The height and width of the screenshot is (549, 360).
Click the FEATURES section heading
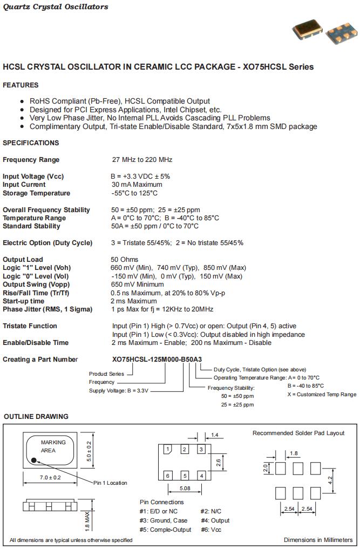pyautogui.click(x=21, y=85)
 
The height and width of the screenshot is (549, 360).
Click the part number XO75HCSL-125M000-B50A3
pyautogui.click(x=157, y=360)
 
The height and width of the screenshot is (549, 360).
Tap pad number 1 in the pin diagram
pyautogui.click(x=168, y=449)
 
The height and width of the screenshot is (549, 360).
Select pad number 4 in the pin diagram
pyautogui.click(x=201, y=476)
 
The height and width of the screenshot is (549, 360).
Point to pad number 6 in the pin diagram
pyautogui.click(x=168, y=476)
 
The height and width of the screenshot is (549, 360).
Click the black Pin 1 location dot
pyautogui.click(x=33, y=460)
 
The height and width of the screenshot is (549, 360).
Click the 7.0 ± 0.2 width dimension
pyautogui.click(x=50, y=478)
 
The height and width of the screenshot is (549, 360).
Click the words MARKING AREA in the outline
pyautogui.click(x=53, y=446)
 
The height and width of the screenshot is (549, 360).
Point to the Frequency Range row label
pyautogui.click(x=31, y=160)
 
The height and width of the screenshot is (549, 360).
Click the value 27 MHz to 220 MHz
pyautogui.click(x=141, y=160)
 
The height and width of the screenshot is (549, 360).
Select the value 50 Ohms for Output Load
pyautogui.click(x=125, y=260)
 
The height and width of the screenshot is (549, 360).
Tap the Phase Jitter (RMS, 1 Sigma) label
pyautogui.click(x=47, y=309)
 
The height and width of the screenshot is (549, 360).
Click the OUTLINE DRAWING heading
pyautogui.click(x=36, y=417)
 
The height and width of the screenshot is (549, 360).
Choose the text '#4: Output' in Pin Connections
pyautogui.click(x=215, y=520)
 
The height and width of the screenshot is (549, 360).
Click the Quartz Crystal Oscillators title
pyautogui.click(x=56, y=7)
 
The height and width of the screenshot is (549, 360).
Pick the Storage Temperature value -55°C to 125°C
pyautogui.click(x=134, y=193)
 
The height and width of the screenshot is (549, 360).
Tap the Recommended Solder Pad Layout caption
pyautogui.click(x=298, y=433)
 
